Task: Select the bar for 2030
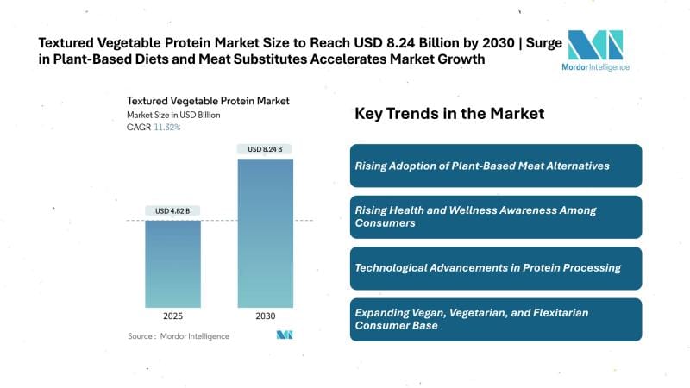(x=265, y=234)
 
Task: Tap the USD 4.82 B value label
(x=172, y=211)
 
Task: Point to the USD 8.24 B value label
(x=265, y=149)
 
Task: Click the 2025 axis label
(x=172, y=316)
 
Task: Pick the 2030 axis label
(x=265, y=316)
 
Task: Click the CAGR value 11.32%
(x=166, y=128)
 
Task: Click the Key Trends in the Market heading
(x=449, y=114)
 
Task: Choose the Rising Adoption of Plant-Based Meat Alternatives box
(x=495, y=166)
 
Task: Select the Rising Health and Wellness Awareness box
(x=495, y=216)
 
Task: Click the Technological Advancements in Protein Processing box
(x=495, y=268)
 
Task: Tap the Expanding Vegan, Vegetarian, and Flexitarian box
(x=495, y=319)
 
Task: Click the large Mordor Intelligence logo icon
(x=594, y=44)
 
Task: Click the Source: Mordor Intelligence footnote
(x=179, y=336)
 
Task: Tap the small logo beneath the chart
(x=285, y=335)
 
